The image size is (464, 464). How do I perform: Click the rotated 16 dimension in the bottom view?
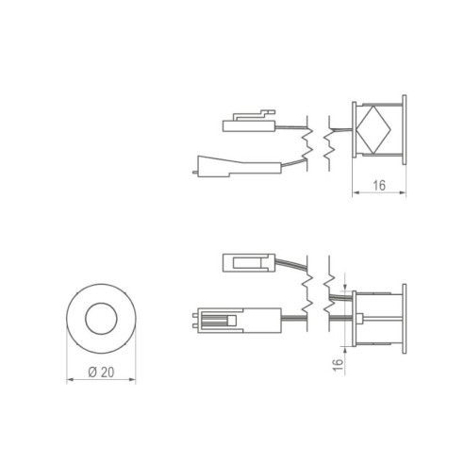coord(338,361)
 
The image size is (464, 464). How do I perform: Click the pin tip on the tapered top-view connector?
coord(194,172)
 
